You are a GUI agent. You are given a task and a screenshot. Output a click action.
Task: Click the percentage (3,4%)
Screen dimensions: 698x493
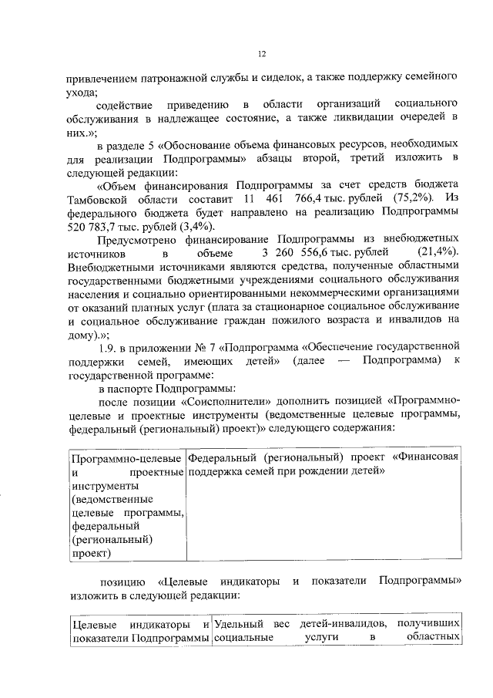(197, 226)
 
